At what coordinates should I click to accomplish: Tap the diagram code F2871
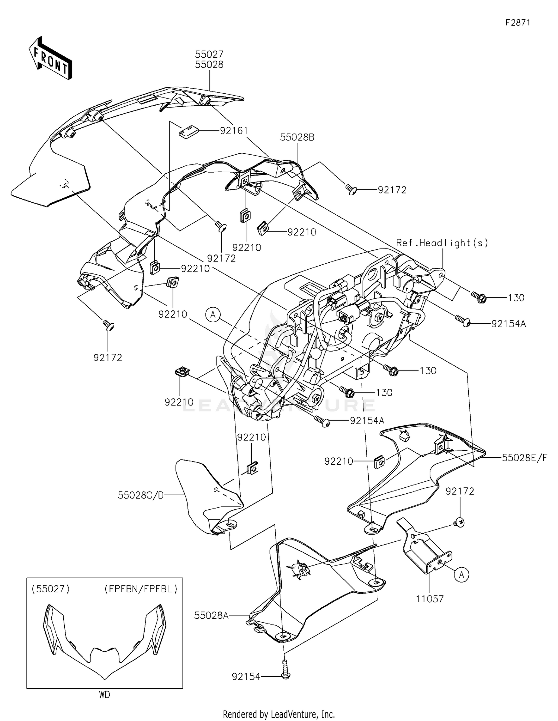click(x=517, y=23)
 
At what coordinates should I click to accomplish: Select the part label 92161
click(x=234, y=131)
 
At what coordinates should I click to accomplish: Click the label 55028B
click(x=297, y=137)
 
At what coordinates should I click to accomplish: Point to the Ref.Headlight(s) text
click(x=442, y=243)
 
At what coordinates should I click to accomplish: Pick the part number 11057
click(x=430, y=599)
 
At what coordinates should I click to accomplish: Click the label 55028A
click(x=211, y=615)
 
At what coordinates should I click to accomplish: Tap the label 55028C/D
click(x=141, y=495)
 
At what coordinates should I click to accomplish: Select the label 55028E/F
click(x=524, y=458)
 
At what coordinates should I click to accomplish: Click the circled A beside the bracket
click(x=461, y=574)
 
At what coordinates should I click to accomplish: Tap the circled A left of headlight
click(x=213, y=315)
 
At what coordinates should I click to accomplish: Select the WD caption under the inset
click(x=105, y=695)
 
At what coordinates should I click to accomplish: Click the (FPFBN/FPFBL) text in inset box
click(x=141, y=589)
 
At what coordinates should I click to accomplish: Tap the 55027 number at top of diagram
click(x=209, y=54)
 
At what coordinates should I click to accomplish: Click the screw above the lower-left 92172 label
click(x=109, y=326)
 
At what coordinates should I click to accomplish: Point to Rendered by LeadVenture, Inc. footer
click(x=279, y=714)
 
